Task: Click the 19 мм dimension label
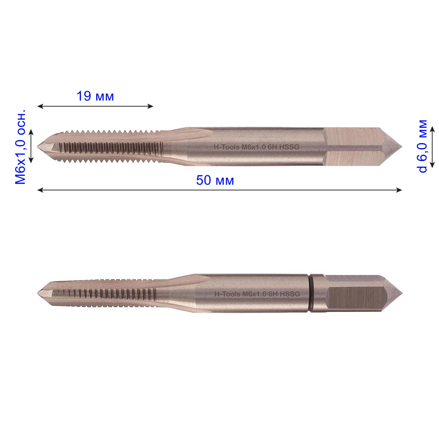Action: (95, 96)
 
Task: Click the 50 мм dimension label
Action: (215, 180)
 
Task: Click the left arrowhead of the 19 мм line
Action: (40, 106)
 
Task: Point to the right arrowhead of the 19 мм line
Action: (150, 106)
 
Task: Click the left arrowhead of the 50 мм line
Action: (40, 190)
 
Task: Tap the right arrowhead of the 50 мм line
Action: (399, 190)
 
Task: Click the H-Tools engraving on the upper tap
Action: (226, 147)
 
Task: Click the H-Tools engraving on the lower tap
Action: (227, 294)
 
